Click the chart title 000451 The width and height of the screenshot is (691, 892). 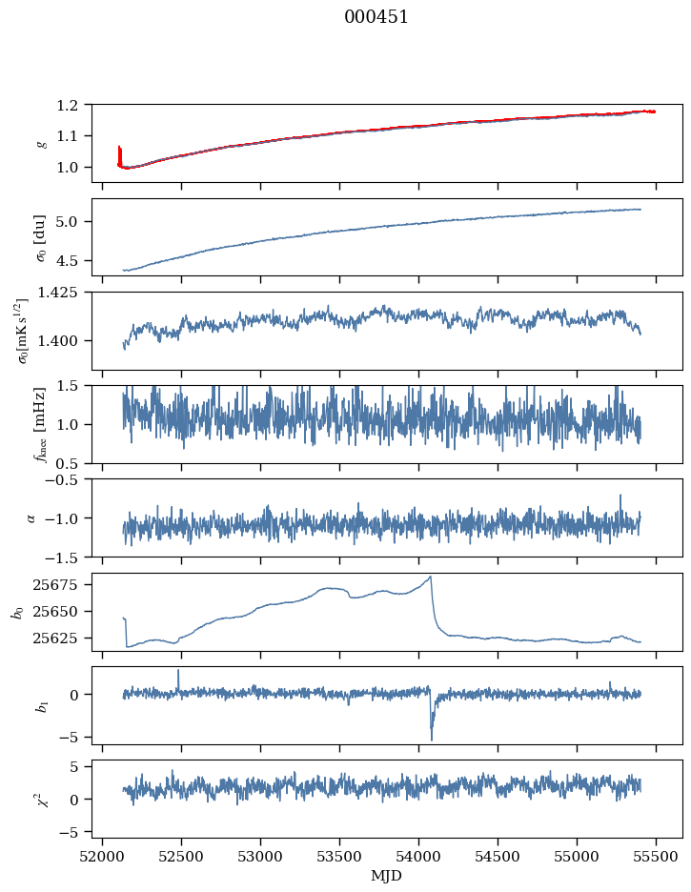[x=376, y=17]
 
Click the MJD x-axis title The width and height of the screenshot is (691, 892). [x=387, y=875]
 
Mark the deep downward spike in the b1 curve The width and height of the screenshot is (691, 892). [x=431, y=738]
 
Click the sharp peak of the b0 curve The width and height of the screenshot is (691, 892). [x=431, y=577]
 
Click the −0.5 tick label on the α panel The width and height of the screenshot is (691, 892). [x=67, y=479]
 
